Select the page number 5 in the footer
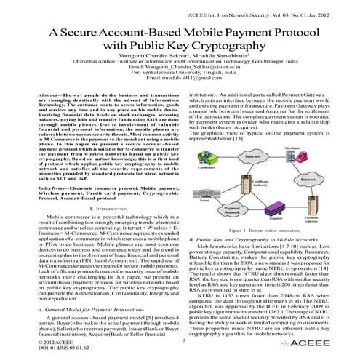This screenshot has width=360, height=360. point(184,340)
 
